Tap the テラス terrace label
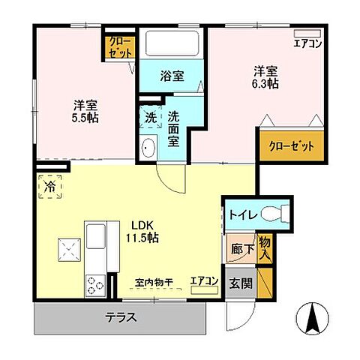[x=120, y=317]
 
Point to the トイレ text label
[x=244, y=215]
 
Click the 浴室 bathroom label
[x=172, y=75]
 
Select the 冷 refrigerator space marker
[x=49, y=183]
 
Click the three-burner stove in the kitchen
[x=96, y=284]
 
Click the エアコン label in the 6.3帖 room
[x=308, y=43]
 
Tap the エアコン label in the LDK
[x=203, y=280]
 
